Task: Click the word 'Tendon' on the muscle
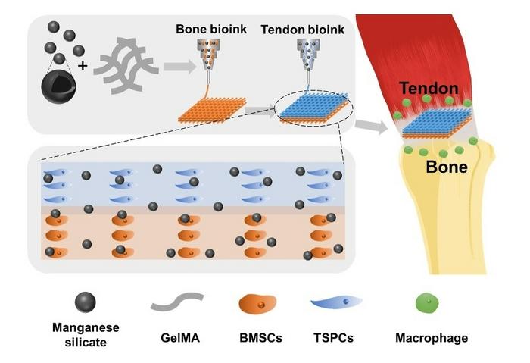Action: [x=430, y=89]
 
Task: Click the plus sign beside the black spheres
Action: [x=83, y=66]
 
